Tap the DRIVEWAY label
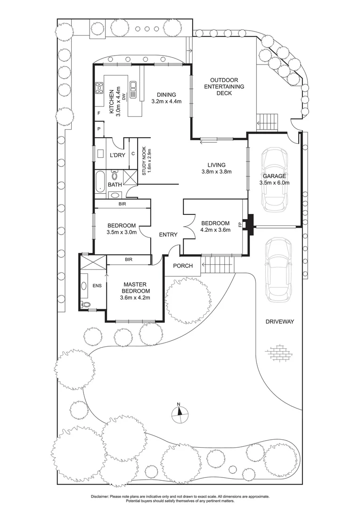[279, 321]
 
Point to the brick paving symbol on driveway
[278, 351]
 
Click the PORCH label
[183, 266]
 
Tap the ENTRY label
[168, 235]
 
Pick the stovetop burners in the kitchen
[99, 88]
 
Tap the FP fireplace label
[240, 224]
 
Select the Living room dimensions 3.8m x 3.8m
[214, 172]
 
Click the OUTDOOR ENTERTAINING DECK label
[227, 87]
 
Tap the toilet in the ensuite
[85, 304]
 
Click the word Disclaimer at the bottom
[101, 496]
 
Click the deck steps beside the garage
[267, 122]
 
